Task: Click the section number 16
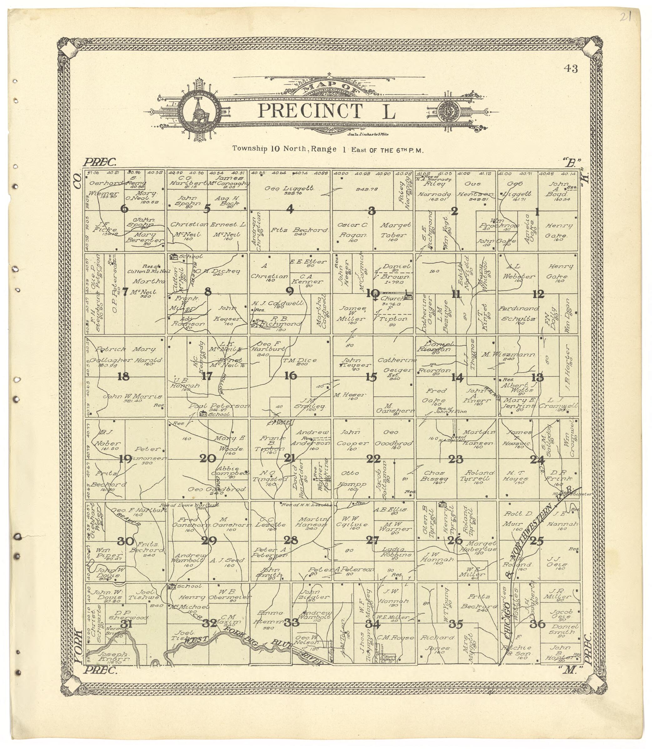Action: [290, 376]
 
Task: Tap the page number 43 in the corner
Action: [571, 68]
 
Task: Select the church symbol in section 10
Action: [409, 297]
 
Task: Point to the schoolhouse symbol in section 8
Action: [174, 256]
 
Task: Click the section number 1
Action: [537, 212]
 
